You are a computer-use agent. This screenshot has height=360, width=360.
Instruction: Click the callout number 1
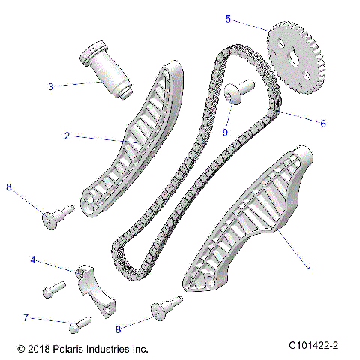307,266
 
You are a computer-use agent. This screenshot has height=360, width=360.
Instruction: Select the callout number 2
67,136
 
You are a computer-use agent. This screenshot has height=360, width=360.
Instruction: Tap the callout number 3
51,86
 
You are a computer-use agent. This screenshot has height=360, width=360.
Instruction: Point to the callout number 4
33,260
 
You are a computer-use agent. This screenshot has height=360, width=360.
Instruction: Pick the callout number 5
228,19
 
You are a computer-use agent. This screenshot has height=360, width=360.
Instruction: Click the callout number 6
323,124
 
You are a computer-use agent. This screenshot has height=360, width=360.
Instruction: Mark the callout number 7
25,318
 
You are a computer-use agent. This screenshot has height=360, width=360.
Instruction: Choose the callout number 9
224,133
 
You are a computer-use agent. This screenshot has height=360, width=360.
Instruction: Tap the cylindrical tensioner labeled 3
106,70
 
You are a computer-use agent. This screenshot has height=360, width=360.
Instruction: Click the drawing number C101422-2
313,345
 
